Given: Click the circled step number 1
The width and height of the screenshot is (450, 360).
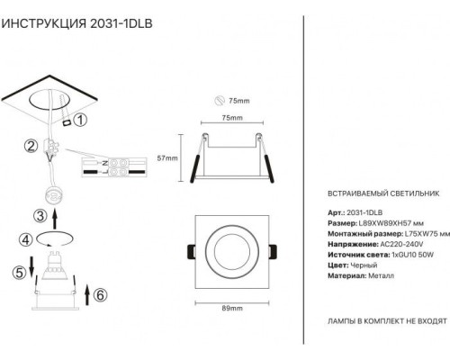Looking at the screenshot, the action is [x=80, y=120].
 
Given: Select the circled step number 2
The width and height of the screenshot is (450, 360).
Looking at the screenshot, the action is [x=31, y=146].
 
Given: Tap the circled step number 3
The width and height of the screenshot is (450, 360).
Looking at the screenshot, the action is [x=40, y=216].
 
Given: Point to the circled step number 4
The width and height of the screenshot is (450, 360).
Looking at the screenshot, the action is [x=26, y=239].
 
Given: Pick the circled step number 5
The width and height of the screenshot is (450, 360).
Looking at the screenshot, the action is [x=20, y=273].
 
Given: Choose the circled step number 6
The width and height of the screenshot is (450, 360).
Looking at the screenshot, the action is [x=100, y=295].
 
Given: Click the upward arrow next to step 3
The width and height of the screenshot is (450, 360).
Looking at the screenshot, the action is [x=55, y=220].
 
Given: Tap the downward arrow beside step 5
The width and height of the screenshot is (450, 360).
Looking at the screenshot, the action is [x=31, y=266].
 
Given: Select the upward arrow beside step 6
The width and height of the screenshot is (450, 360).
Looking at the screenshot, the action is [x=87, y=295].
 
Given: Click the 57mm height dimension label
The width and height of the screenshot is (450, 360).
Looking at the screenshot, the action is [x=167, y=158].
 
